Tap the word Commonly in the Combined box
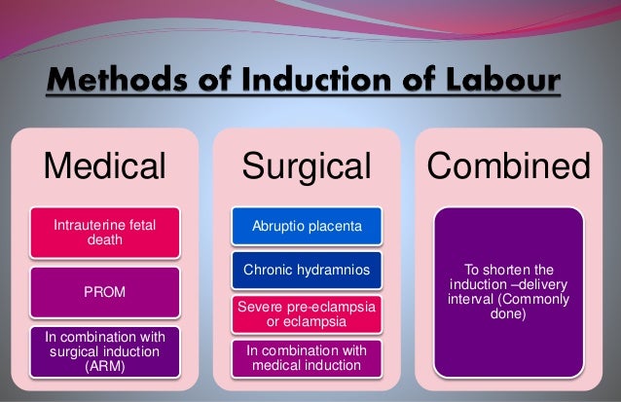[541, 300]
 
